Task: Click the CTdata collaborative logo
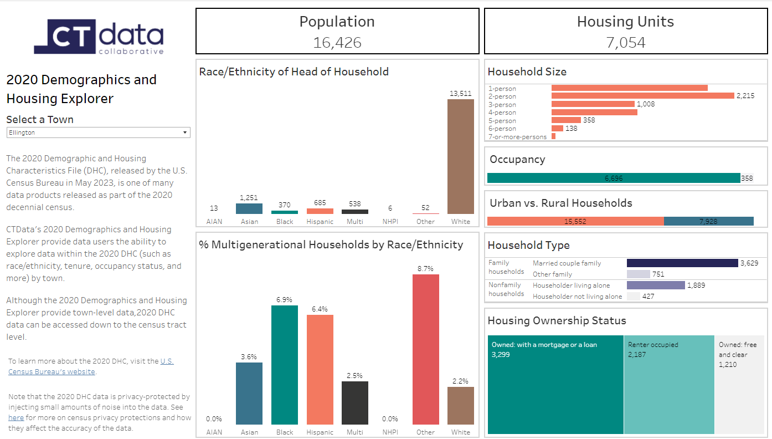tap(99, 37)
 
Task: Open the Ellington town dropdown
tap(98, 132)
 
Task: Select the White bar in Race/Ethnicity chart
tap(460, 156)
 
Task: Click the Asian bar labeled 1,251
tap(249, 208)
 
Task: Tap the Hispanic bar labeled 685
tap(320, 211)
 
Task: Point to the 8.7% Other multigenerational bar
tap(425, 349)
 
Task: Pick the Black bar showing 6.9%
tap(284, 365)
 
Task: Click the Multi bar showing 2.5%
tap(354, 403)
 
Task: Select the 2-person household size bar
tap(642, 96)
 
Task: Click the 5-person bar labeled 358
tap(566, 120)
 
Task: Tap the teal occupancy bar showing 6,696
tap(613, 178)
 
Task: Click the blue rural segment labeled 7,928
tap(708, 221)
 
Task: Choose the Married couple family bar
tap(682, 263)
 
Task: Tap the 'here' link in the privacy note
tap(16, 418)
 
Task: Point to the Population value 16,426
tap(337, 43)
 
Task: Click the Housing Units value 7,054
tap(625, 43)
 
